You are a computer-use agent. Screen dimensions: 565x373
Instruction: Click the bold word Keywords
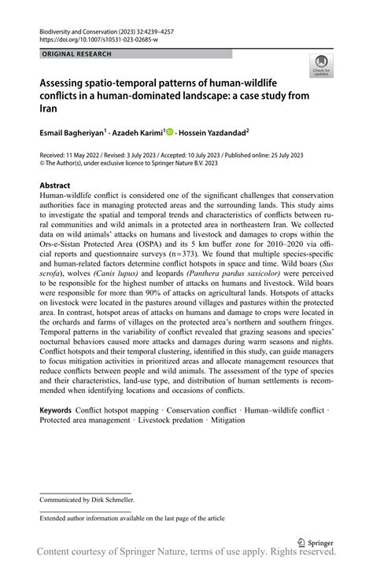[x=57, y=410]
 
